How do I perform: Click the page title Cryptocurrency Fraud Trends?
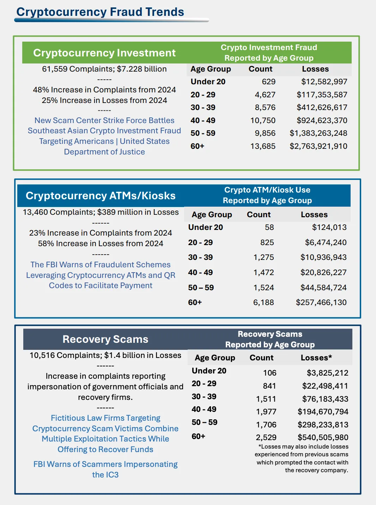coord(100,12)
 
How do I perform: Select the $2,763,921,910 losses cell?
coord(318,146)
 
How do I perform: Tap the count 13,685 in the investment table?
coord(263,146)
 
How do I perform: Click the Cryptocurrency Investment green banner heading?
coord(104,53)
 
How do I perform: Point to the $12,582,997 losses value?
coord(324,82)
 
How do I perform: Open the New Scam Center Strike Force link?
coord(104,136)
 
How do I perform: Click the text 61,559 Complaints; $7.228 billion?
coord(104,69)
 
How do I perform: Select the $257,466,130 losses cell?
coord(321,303)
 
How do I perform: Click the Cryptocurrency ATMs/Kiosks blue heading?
coord(101,196)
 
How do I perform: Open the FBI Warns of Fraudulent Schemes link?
coord(101,275)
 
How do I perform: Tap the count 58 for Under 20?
coord(269,227)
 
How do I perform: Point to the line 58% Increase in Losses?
coord(101,244)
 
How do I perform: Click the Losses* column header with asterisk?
coord(316,358)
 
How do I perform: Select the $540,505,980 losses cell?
coord(323,438)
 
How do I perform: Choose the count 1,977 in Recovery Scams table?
coord(266,412)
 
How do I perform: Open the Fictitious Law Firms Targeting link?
coord(105,434)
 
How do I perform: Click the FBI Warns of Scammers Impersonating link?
coord(105,469)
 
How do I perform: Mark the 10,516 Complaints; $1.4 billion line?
coord(105,355)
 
